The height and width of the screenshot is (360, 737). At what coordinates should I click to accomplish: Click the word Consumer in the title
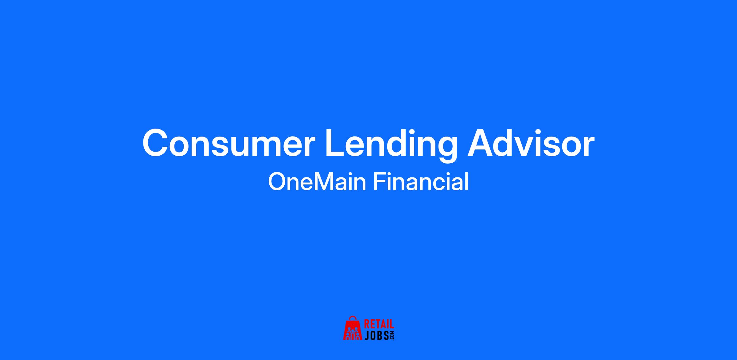(x=229, y=143)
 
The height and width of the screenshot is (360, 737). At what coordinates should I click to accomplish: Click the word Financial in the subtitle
(x=421, y=181)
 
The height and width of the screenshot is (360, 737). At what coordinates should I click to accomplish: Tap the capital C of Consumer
(x=156, y=143)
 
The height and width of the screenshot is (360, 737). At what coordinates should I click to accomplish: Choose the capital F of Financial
(x=379, y=181)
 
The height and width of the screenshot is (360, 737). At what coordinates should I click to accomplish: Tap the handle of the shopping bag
(x=353, y=318)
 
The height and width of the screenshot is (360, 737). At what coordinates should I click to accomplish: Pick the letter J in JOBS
(x=367, y=335)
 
